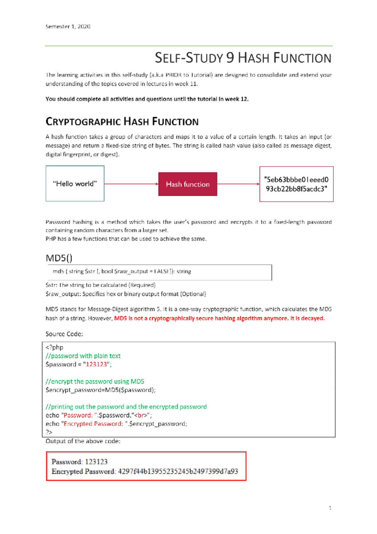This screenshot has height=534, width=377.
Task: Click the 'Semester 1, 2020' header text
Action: [68, 27]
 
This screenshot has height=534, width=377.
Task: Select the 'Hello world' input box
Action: [75, 184]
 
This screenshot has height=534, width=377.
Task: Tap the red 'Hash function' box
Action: [188, 184]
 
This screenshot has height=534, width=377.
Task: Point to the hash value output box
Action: [296, 184]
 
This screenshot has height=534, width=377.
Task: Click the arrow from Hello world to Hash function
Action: [131, 184]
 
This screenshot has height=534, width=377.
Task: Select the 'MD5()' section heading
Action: [59, 258]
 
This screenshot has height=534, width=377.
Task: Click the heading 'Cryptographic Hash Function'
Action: [122, 122]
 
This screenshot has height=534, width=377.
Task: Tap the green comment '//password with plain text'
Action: [83, 356]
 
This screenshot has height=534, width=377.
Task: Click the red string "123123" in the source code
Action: [96, 364]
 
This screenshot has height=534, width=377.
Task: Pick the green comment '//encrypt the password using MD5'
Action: [95, 381]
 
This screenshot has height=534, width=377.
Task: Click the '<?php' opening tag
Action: [54, 348]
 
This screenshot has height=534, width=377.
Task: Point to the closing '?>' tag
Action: [49, 432]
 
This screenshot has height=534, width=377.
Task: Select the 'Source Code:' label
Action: [64, 334]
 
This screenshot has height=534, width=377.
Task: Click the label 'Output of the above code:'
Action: [83, 441]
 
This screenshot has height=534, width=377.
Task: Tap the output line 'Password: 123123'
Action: [79, 462]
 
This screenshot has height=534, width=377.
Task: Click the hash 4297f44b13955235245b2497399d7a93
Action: [178, 471]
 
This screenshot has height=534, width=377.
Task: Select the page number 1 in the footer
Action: [330, 508]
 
